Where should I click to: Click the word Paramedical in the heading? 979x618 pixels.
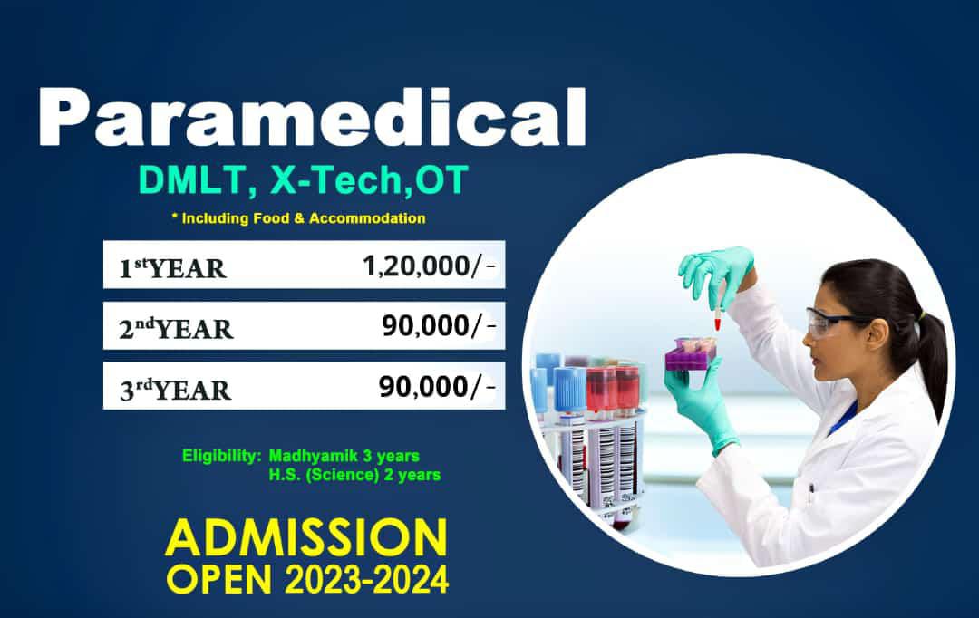[x=312, y=117]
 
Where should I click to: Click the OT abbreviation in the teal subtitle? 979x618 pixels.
[x=441, y=180]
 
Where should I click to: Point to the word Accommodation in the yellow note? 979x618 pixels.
[x=367, y=218]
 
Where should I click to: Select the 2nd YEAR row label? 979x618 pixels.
[x=176, y=328]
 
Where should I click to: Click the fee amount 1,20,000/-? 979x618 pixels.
[x=430, y=266]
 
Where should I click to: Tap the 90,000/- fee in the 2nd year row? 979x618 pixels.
[x=439, y=325]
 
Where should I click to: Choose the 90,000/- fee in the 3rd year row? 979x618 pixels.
[x=437, y=386]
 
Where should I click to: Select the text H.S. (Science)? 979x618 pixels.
[x=324, y=475]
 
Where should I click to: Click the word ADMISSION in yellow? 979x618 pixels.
[x=306, y=537]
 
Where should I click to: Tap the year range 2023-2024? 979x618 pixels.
[x=366, y=580]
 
